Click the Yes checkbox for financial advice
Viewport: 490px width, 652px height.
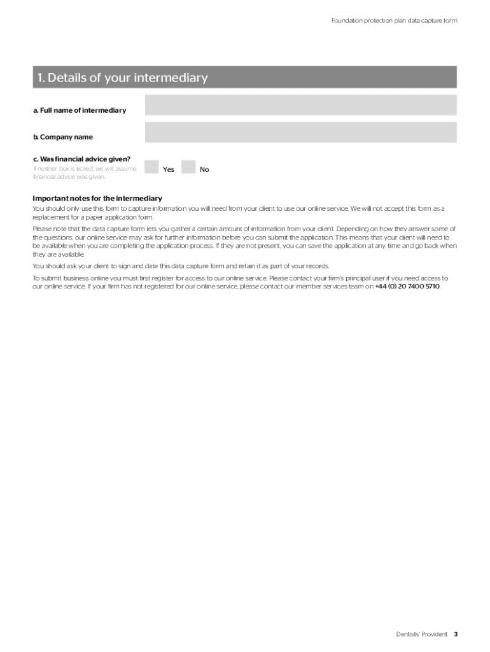pos(151,167)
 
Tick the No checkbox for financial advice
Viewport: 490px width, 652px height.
pos(188,167)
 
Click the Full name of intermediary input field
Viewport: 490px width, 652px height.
pos(300,105)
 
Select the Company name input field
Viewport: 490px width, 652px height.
pos(300,132)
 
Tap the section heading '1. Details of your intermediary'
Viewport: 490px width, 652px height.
pos(122,78)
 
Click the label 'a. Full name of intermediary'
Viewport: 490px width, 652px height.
pos(80,111)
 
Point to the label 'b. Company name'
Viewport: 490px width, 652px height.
pos(63,138)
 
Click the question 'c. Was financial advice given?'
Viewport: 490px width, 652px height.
pos(81,159)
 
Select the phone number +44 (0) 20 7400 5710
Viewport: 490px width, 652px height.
pos(407,287)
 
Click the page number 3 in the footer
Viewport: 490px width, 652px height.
pos(456,634)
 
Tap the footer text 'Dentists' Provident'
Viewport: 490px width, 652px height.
pos(421,634)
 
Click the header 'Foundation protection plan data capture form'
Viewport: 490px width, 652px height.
pos(394,21)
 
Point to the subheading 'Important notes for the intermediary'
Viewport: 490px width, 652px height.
pos(97,199)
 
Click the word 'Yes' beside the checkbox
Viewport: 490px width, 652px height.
pos(169,169)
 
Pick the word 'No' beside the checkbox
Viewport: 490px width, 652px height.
pos(204,169)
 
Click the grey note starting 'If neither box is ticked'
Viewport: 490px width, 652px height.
pos(84,173)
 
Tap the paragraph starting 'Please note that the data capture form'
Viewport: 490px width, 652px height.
pos(244,241)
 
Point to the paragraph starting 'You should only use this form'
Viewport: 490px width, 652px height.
pos(239,213)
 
